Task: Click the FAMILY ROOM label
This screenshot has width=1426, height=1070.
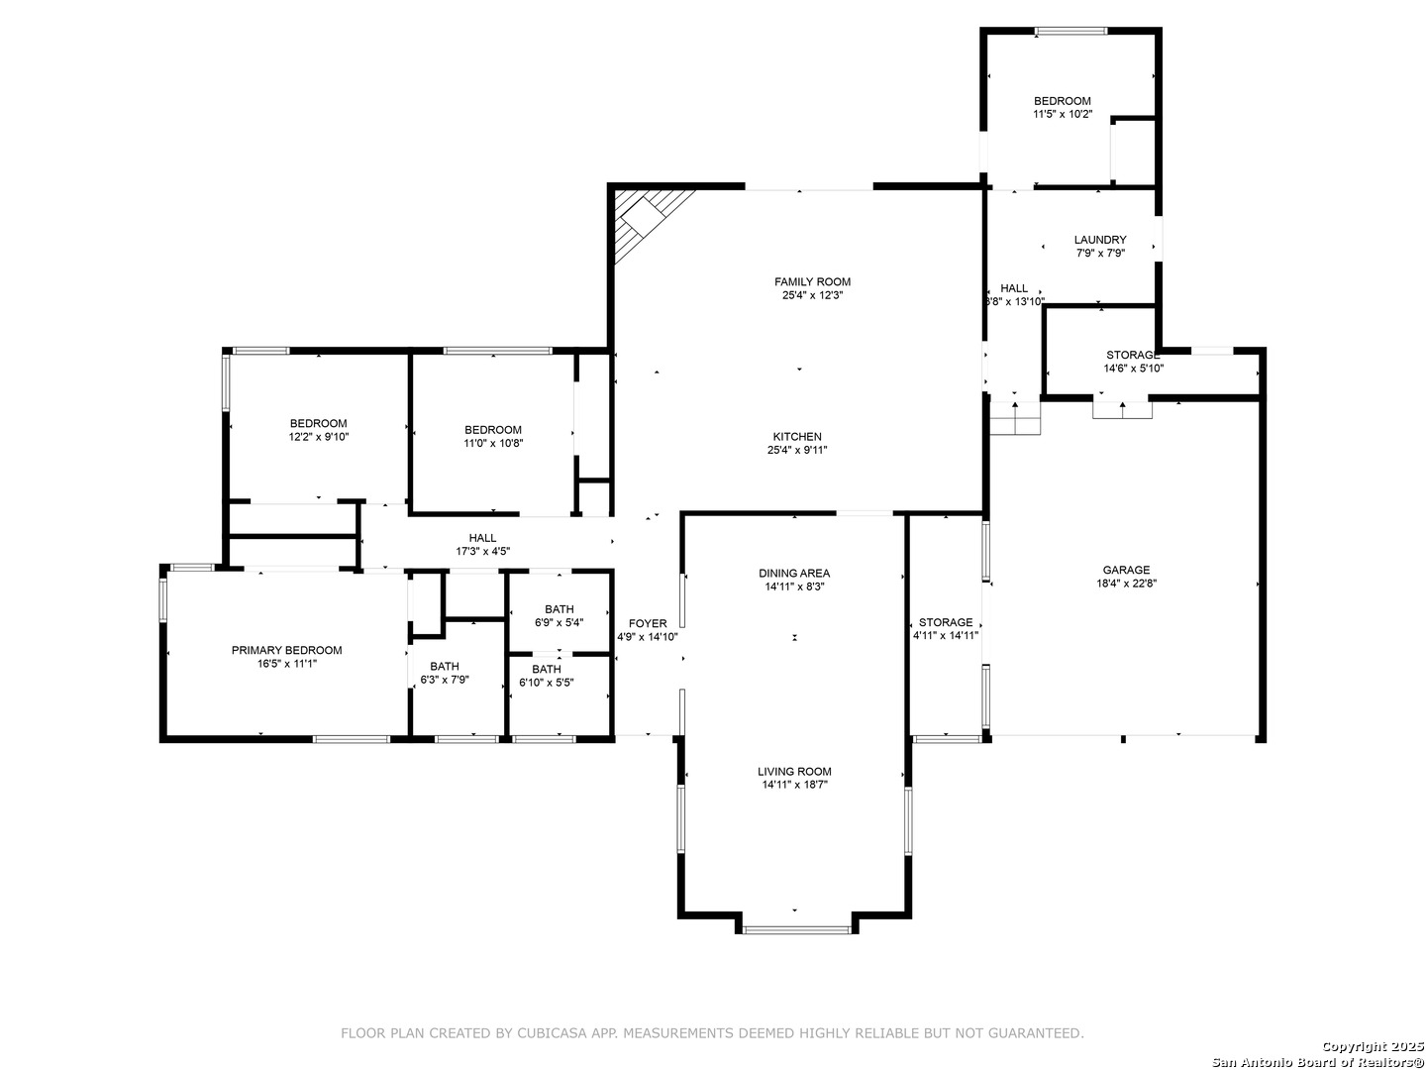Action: click(812, 282)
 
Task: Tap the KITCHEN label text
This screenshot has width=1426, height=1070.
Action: click(797, 437)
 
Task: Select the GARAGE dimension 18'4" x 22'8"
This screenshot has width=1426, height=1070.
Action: click(1126, 583)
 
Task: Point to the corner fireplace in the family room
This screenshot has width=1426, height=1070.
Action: click(643, 218)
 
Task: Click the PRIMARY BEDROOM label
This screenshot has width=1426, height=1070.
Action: click(286, 650)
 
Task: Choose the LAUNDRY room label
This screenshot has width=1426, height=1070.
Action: click(1100, 240)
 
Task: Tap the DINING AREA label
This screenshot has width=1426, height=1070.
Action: click(794, 573)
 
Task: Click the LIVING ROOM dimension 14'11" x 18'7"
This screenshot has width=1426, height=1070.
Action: click(794, 784)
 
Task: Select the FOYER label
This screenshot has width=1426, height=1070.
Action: click(647, 624)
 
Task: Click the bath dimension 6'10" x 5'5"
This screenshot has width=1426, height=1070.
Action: click(547, 683)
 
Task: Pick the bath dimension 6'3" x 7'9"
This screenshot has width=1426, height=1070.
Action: click(445, 680)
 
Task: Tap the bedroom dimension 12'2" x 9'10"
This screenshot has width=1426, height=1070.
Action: click(318, 437)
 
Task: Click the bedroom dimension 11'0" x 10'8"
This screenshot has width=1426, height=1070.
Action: click(493, 443)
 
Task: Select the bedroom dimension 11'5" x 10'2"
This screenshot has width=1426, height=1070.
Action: click(1063, 114)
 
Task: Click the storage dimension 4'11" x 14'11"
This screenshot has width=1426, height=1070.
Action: click(946, 635)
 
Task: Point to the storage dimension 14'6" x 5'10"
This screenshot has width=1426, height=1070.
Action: click(1133, 369)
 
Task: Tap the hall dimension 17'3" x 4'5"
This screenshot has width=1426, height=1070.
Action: click(482, 551)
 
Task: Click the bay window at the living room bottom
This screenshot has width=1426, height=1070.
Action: click(796, 929)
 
